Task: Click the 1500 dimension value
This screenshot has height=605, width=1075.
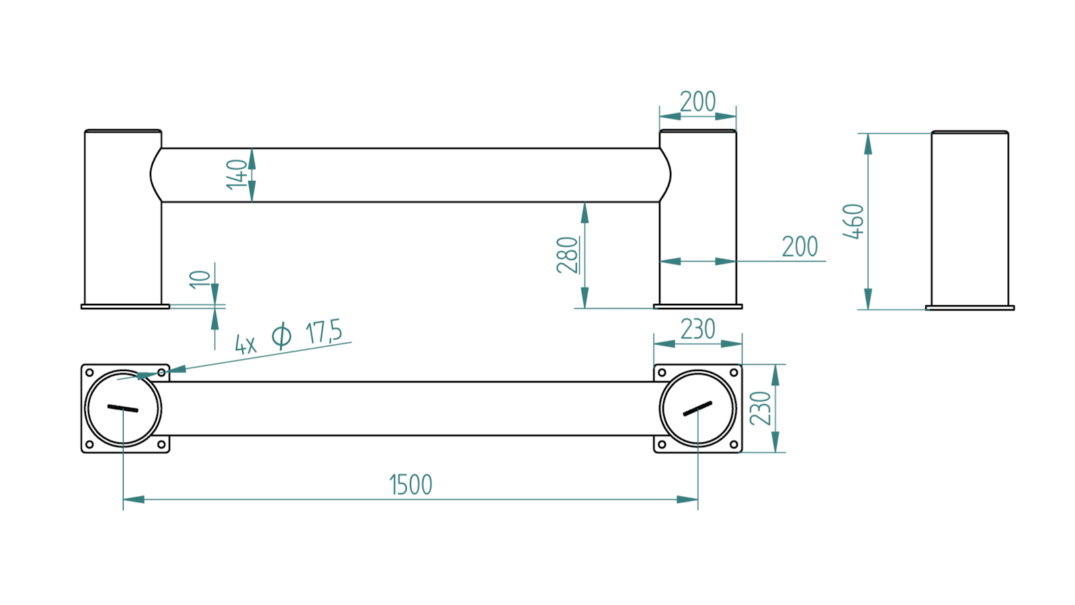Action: click(x=411, y=484)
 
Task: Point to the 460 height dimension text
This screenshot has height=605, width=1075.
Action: click(x=853, y=221)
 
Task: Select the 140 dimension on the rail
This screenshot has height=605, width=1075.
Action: click(x=236, y=175)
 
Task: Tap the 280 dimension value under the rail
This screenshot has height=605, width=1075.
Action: click(x=568, y=255)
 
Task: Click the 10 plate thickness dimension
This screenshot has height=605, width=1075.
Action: click(x=200, y=280)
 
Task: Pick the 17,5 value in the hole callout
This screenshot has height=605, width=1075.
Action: click(x=324, y=332)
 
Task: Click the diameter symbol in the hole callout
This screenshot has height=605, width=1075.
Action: click(x=282, y=335)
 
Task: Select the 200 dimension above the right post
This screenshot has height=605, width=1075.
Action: click(x=697, y=102)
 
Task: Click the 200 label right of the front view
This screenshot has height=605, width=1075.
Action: click(x=800, y=247)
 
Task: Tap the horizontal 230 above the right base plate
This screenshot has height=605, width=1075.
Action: click(x=697, y=329)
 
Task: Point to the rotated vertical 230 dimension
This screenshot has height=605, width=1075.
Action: click(x=761, y=408)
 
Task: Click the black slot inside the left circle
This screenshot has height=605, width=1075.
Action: click(x=123, y=408)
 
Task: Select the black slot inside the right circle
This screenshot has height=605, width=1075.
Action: click(x=697, y=408)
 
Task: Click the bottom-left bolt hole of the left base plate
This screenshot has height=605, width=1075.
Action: click(x=89, y=444)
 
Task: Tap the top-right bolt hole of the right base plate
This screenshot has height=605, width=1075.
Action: click(x=734, y=372)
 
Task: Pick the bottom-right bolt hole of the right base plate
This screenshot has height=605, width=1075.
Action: click(x=734, y=444)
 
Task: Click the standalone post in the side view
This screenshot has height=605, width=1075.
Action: click(x=970, y=220)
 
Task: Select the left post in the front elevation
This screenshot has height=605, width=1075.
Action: click(x=125, y=219)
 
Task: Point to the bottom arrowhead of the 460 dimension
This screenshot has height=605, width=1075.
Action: click(x=868, y=299)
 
